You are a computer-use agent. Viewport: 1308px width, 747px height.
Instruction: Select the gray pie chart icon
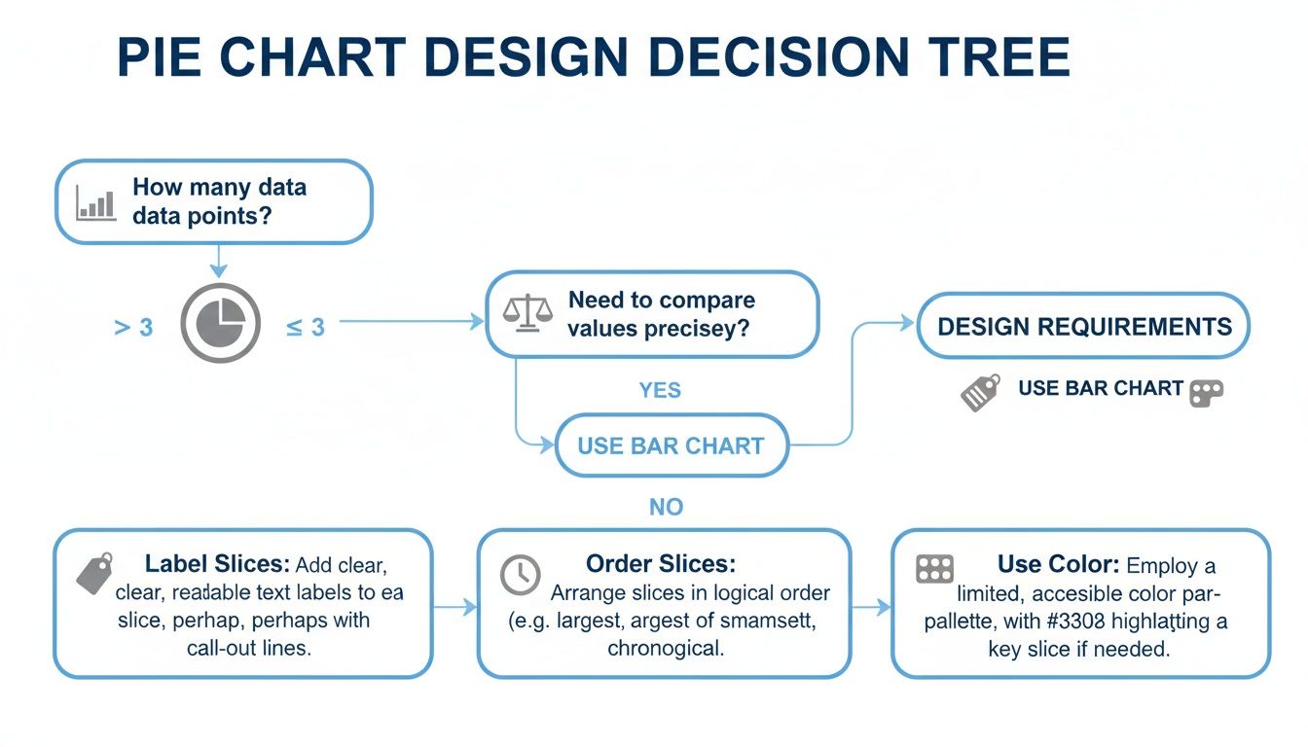(220, 325)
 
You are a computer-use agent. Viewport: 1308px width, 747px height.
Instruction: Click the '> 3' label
(133, 328)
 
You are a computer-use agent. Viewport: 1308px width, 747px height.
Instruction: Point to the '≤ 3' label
(305, 328)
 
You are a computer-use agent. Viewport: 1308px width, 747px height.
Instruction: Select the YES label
(660, 391)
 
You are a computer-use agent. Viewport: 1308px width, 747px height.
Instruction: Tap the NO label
(666, 507)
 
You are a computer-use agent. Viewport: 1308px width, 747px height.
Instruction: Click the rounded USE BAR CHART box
(671, 446)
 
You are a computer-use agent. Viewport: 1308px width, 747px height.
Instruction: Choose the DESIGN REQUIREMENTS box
(1084, 327)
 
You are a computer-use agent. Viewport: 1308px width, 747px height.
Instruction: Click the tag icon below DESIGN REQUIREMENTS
(979, 392)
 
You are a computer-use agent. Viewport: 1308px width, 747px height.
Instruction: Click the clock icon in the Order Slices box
(520, 575)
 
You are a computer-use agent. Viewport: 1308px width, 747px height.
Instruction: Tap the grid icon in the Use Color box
(935, 570)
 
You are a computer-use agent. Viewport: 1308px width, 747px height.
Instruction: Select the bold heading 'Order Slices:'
(660, 564)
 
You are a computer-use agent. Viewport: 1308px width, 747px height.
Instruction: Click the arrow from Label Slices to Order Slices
(455, 607)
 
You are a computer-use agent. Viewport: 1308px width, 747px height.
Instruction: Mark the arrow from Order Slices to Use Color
(872, 607)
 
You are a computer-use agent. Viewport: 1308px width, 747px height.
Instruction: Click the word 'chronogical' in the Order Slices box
(666, 648)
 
